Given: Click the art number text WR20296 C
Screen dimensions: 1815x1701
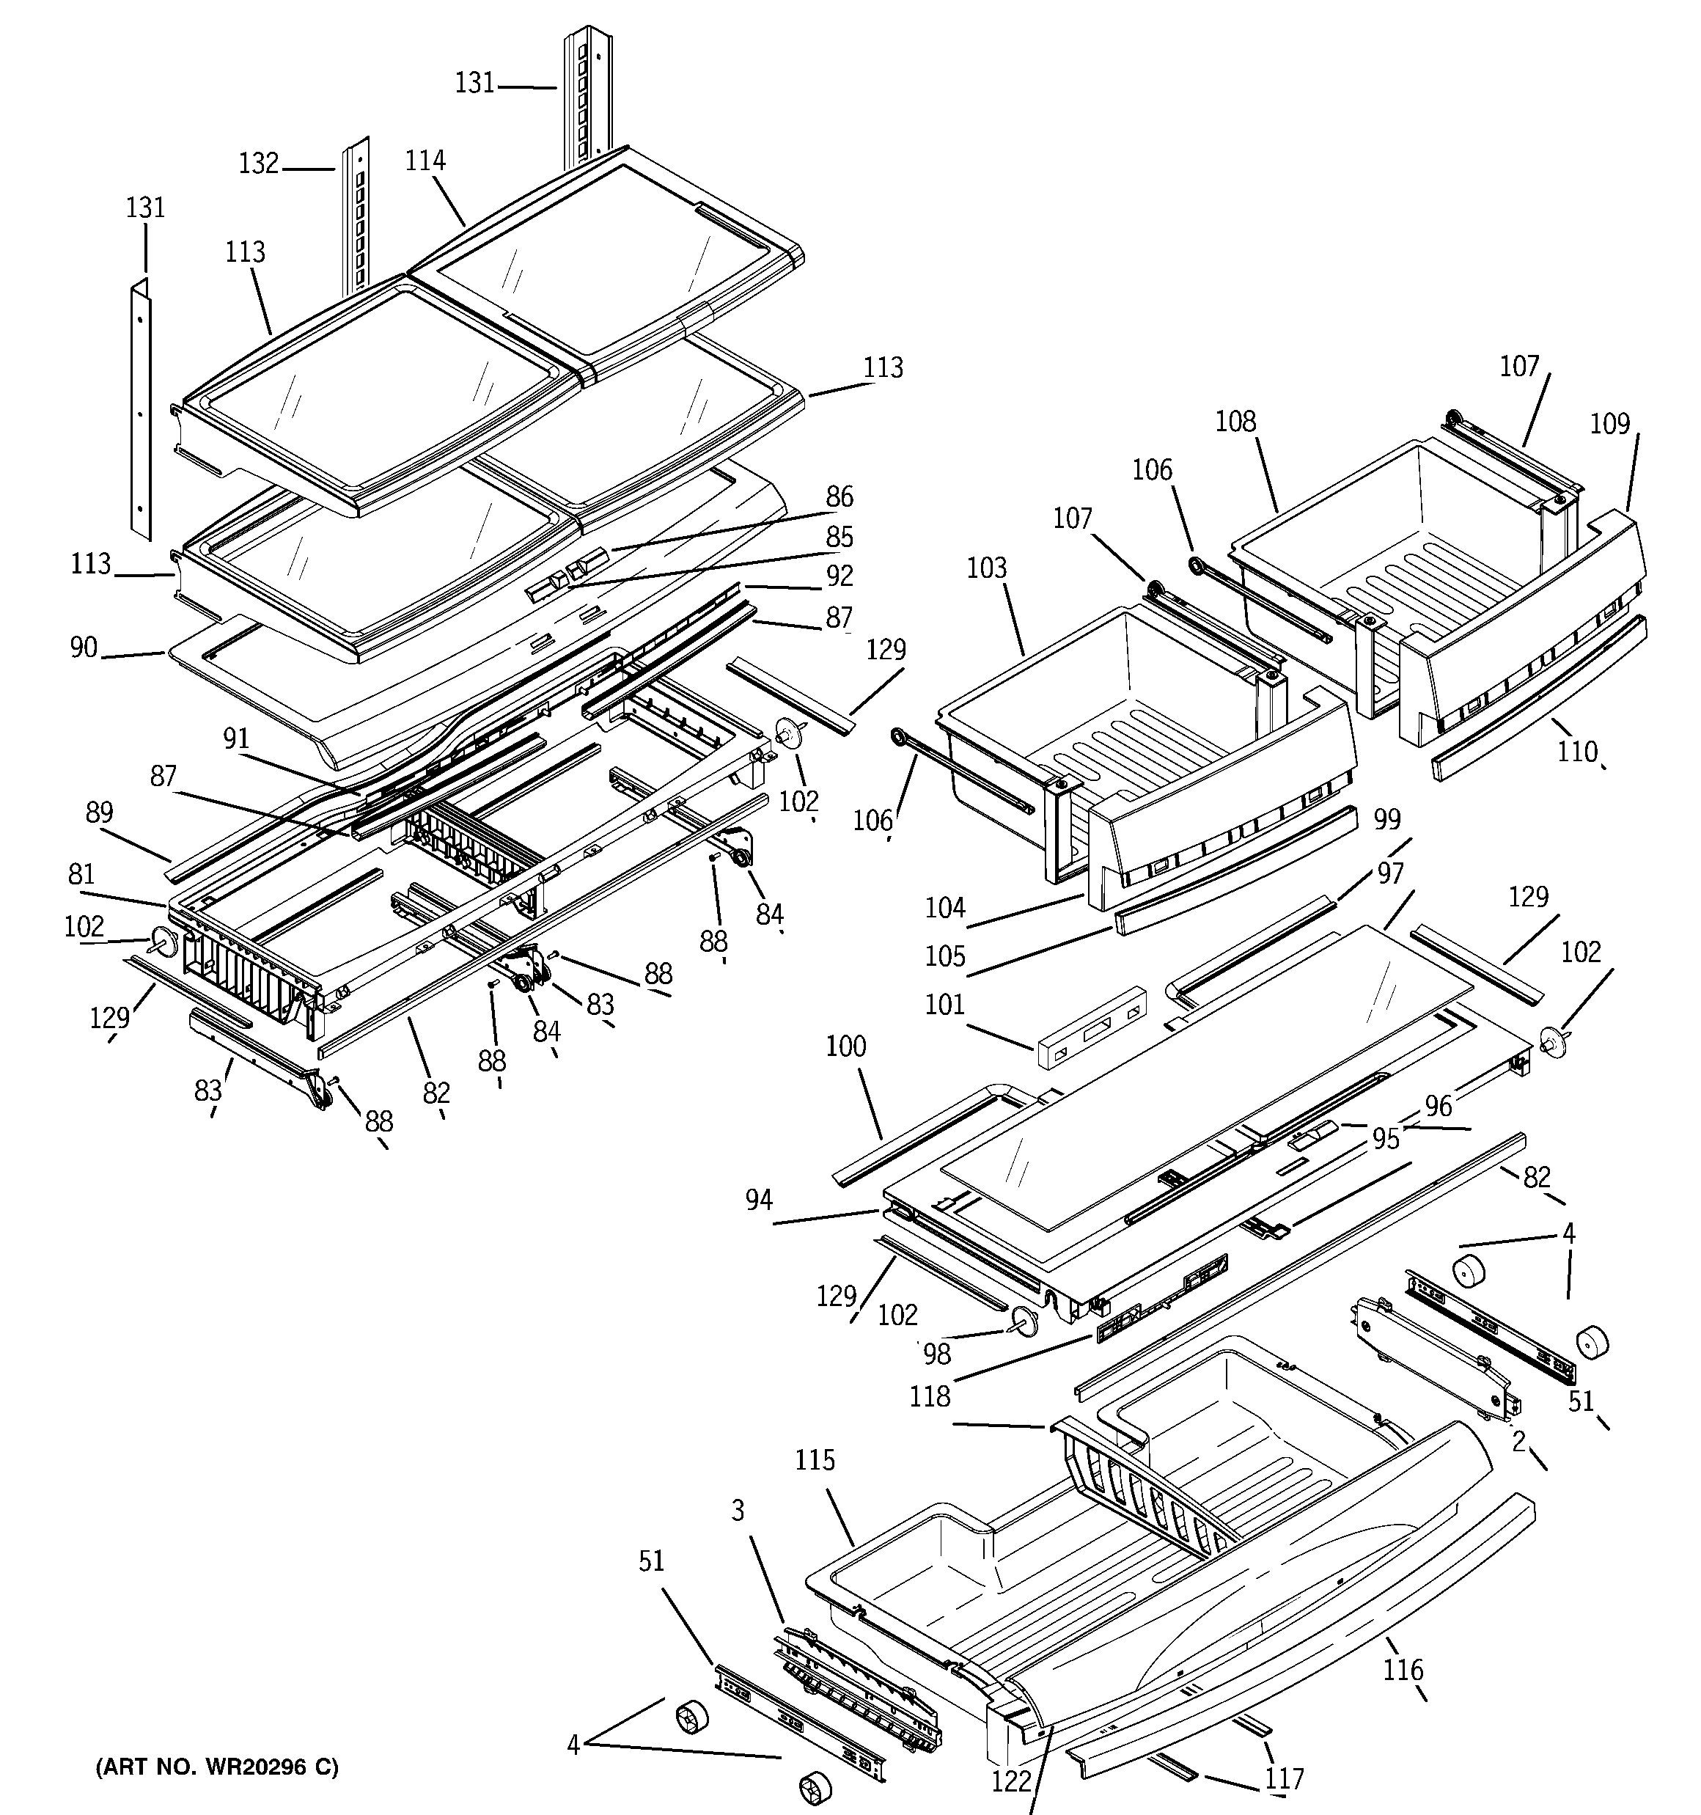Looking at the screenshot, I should (x=216, y=1767).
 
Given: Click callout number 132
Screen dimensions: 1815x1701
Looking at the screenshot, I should (x=258, y=164).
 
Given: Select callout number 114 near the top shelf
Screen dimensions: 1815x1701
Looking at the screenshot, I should (x=425, y=161).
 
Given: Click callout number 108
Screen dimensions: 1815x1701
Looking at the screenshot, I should (x=1235, y=422).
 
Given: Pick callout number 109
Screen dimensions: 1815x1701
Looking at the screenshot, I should (x=1609, y=424).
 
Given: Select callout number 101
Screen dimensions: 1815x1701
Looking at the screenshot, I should (x=944, y=1005).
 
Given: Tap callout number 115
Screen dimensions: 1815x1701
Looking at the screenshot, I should (x=815, y=1461).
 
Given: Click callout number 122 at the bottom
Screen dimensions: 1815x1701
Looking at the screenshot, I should (x=1011, y=1781).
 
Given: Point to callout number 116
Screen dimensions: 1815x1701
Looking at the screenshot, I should (x=1403, y=1671).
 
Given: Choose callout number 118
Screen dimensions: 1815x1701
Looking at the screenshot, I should (x=930, y=1396).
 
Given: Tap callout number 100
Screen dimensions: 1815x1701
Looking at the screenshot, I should (x=845, y=1046).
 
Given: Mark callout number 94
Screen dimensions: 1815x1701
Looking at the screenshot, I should (x=758, y=1200).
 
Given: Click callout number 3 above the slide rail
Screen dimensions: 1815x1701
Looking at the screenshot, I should (x=738, y=1511).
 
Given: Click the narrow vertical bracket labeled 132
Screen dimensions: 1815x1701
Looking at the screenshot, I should (x=358, y=215).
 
